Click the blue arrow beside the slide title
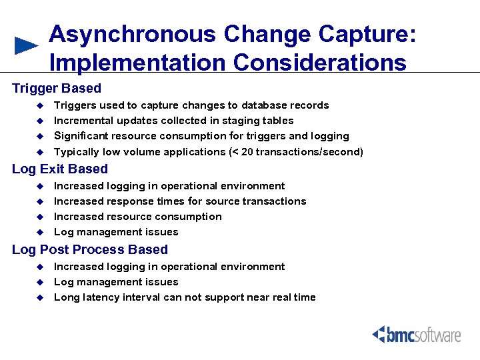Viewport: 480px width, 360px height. pos(27,45)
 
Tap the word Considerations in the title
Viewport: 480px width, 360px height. pos(319,63)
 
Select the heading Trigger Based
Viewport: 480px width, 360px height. pos(57,88)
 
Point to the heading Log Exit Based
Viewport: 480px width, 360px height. pos(60,169)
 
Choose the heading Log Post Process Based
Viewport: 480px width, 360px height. pos(90,249)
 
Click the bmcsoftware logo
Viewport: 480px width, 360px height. pos(417,334)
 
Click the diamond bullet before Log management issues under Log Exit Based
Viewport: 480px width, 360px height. pos(39,232)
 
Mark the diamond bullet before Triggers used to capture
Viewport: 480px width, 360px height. pos(39,105)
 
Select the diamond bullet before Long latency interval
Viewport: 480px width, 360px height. pos(39,297)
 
